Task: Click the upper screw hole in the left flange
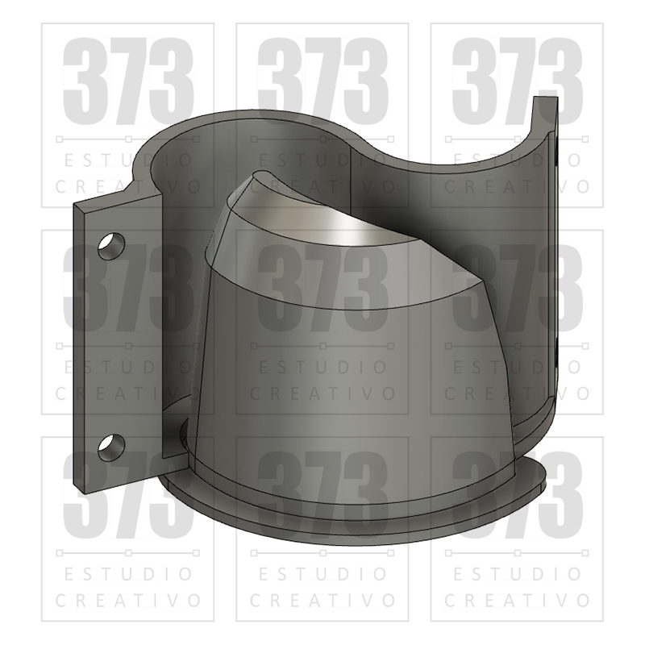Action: point(111,246)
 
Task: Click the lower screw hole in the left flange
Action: point(111,447)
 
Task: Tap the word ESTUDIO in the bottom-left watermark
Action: point(128,574)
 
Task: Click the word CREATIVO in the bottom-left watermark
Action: point(128,600)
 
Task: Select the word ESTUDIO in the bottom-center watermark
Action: point(323,574)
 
